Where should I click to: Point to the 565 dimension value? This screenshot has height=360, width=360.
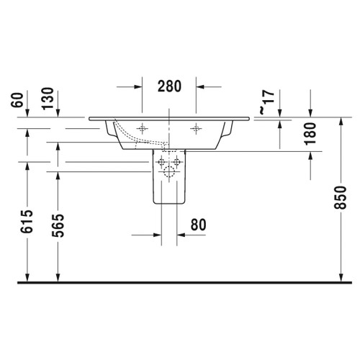(57, 230)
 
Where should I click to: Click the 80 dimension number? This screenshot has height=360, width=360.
(198, 225)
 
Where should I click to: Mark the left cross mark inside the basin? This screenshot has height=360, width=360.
(143, 128)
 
